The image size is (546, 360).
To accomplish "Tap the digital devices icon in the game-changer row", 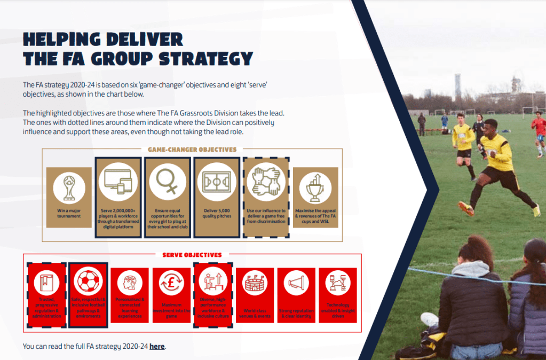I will tap(118, 182).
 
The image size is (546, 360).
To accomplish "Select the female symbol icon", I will tap(168, 182).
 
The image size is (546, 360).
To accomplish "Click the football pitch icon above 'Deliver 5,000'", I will tap(217, 182).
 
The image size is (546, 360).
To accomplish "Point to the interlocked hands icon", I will tap(266, 182).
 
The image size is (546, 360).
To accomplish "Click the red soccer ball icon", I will tap(89, 283).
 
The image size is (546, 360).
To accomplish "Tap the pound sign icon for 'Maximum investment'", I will tap(172, 283).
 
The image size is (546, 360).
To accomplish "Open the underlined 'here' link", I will tap(157, 346).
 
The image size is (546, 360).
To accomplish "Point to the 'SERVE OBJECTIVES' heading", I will tap(192, 255).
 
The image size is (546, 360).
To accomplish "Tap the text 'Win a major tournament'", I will tap(69, 213).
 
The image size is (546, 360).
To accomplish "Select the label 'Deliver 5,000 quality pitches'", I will tap(217, 213).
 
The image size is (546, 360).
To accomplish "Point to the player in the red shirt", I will tap(539, 128).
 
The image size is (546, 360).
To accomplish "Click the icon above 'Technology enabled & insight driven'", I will tap(338, 283).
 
